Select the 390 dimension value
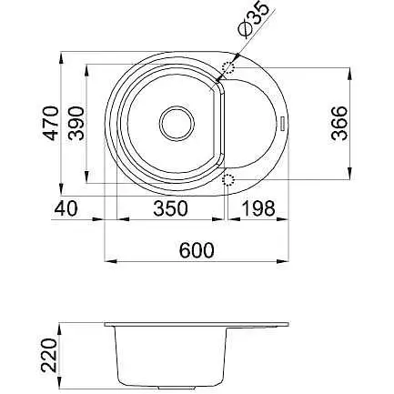pos(76,123)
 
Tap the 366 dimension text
pos(339,123)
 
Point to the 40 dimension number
pos(66,208)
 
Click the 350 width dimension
pos(170,208)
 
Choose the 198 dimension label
pos(258,208)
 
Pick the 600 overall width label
pos(197,250)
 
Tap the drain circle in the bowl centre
pos(177,124)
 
